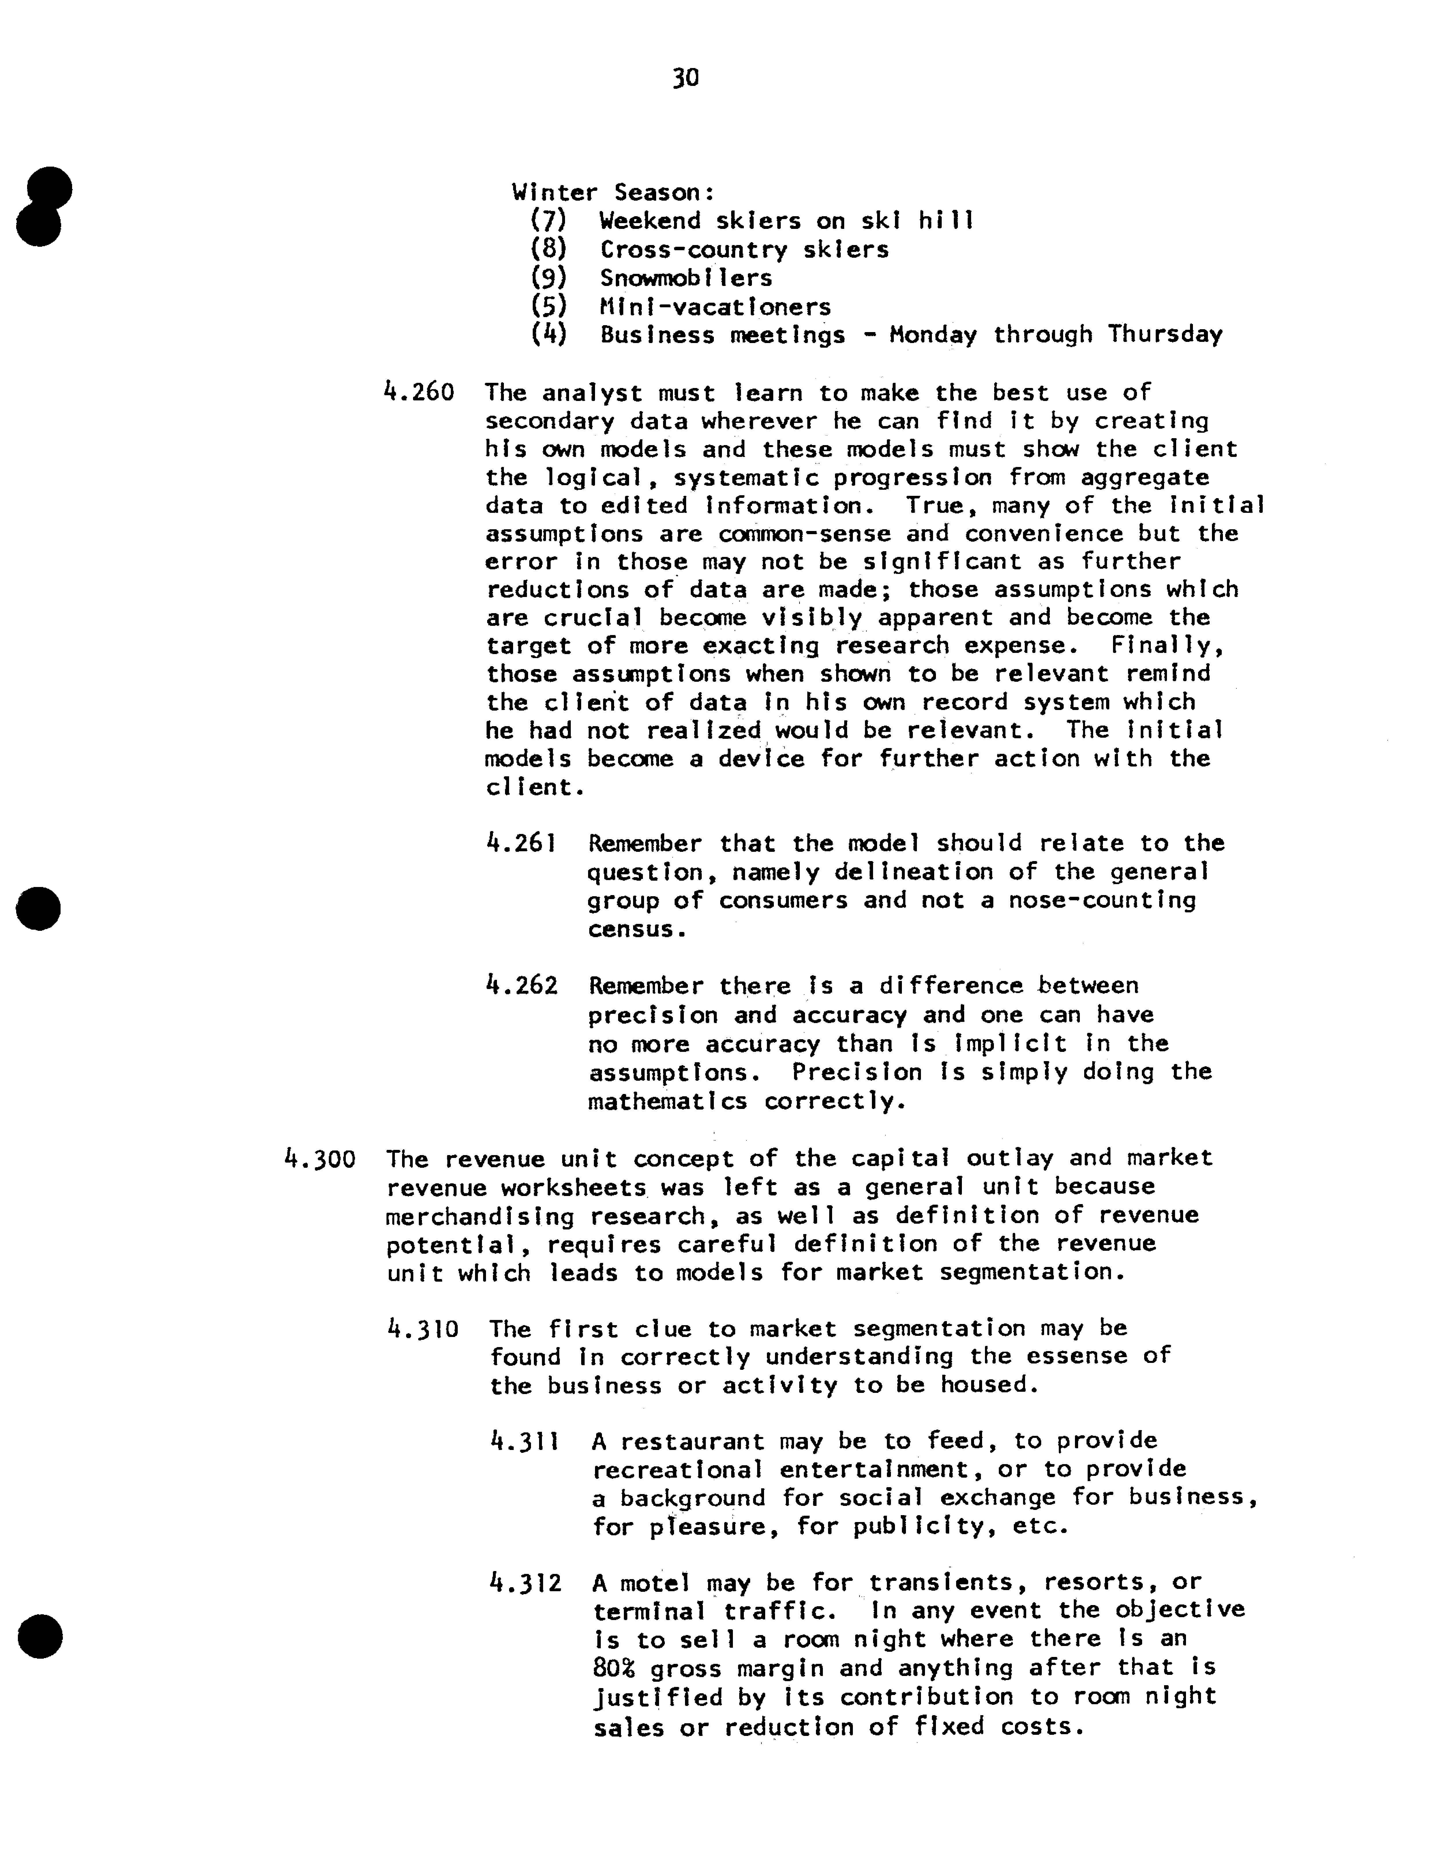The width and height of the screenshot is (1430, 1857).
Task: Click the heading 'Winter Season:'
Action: point(613,193)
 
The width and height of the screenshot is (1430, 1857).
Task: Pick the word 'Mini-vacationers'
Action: point(715,307)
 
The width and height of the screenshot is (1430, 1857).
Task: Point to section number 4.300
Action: point(319,1159)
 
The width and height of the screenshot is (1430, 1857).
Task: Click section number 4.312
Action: point(526,1583)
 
